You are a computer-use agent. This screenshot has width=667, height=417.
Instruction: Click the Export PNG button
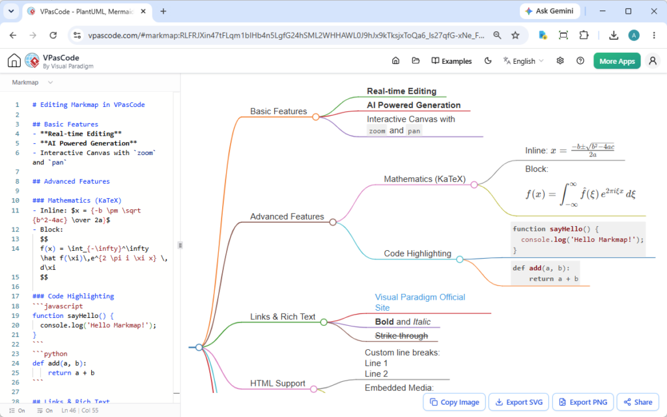(583, 402)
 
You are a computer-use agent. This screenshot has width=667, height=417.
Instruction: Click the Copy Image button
(454, 402)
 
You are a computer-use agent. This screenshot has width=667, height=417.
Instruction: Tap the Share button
(638, 402)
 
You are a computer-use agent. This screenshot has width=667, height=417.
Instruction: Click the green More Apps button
(617, 61)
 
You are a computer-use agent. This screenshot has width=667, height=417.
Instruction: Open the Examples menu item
(451, 61)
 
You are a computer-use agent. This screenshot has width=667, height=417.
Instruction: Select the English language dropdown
(523, 61)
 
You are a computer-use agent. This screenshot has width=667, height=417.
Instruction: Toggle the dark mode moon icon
(488, 61)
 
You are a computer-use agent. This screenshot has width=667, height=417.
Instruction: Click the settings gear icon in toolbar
(560, 61)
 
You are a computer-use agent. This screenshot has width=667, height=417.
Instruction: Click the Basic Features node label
(278, 111)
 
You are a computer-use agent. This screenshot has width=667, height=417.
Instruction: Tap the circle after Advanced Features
(333, 222)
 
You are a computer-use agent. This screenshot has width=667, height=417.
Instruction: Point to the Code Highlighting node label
(418, 253)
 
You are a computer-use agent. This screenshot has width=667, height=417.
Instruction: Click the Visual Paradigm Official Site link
(420, 302)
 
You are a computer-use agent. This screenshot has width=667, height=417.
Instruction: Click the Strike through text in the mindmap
(401, 336)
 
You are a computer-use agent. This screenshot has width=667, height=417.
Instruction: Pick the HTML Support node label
(277, 383)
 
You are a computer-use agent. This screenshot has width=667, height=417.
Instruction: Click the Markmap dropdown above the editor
(33, 82)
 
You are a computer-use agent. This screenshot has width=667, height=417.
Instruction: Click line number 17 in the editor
(16, 296)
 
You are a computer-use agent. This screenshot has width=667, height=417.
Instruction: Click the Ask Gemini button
(549, 11)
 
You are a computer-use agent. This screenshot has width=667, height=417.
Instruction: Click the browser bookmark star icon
(515, 35)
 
